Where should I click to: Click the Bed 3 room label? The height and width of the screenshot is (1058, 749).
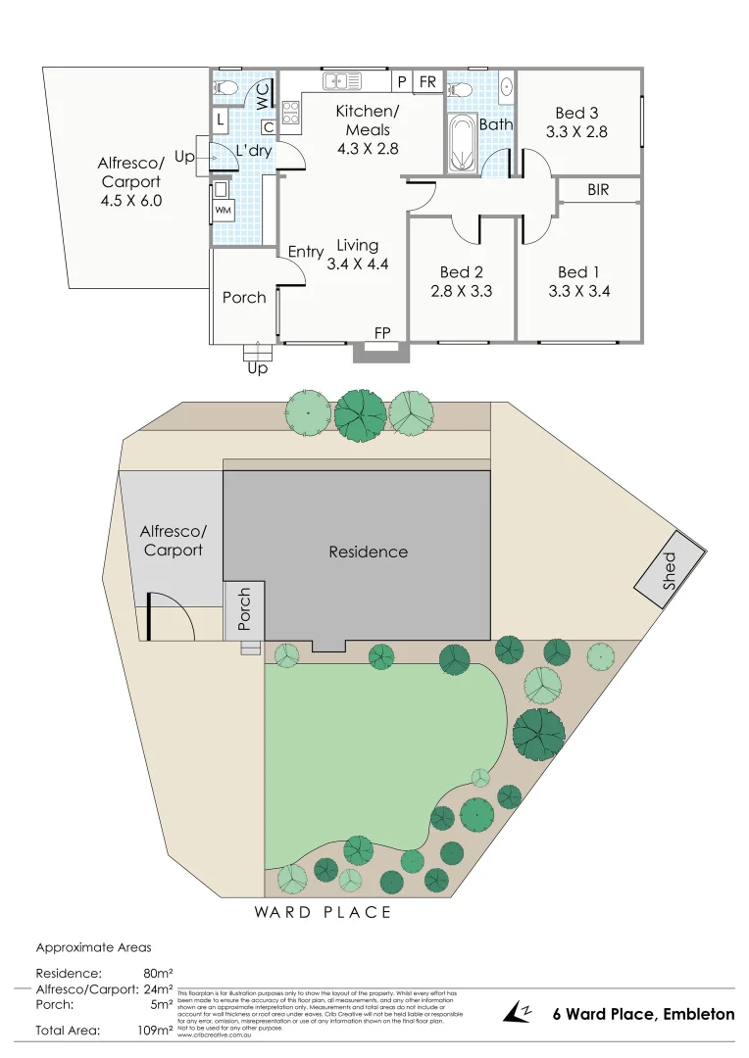[x=577, y=114]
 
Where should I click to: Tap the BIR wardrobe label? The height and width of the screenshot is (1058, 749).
[x=598, y=190]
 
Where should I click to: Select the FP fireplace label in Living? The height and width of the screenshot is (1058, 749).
[x=382, y=333]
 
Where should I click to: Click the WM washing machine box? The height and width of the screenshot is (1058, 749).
[x=222, y=210]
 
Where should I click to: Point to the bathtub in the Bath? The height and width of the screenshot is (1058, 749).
[x=461, y=142]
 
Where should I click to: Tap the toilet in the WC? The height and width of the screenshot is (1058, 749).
[x=225, y=88]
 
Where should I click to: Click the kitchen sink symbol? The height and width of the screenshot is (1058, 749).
[x=343, y=81]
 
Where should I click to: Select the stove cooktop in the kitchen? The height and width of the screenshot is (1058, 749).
[x=291, y=113]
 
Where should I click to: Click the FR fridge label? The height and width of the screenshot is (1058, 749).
[x=427, y=82]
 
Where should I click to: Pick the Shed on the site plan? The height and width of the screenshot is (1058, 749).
[x=669, y=567]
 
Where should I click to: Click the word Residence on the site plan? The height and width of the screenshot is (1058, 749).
[x=368, y=552]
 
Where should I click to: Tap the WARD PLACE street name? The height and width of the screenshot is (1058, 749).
[x=323, y=912]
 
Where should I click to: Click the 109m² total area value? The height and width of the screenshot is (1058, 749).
[x=156, y=1031]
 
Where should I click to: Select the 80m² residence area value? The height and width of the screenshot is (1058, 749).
[x=158, y=974]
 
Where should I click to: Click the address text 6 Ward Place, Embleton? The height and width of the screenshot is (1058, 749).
[x=643, y=1014]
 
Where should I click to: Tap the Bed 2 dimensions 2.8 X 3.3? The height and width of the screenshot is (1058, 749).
[x=461, y=291]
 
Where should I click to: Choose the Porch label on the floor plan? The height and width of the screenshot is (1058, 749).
[x=244, y=297]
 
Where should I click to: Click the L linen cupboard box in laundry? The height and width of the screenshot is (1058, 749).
[x=221, y=120]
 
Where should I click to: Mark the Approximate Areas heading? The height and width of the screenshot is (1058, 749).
[x=93, y=947]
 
